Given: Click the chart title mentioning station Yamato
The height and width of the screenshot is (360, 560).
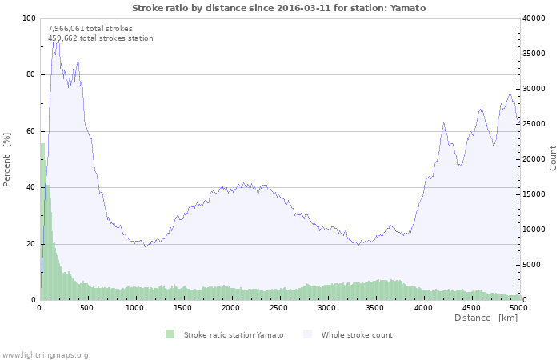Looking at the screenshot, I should tap(278, 8).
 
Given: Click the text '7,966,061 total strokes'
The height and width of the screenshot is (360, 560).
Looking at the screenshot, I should tap(90, 28).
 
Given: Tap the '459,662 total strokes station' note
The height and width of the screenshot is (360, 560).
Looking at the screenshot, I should tap(100, 38).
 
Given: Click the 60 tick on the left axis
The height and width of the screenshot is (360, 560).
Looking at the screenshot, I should tap(30, 131).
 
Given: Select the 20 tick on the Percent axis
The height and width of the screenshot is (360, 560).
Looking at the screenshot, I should tap(30, 244).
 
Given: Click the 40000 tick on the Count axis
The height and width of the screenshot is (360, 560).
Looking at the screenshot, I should tap(536, 18).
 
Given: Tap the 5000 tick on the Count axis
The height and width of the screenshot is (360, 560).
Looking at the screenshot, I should tap(534, 265).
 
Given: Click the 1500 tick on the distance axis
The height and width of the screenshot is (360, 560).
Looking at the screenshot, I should tap(182, 307).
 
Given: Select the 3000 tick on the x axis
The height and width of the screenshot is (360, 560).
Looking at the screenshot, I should tap(326, 307).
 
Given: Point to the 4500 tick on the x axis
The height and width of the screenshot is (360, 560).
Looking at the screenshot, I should tap(470, 307).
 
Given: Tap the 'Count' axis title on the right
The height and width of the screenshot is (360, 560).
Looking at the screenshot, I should tap(553, 158).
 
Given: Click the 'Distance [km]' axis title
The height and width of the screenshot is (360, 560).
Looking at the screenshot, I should tap(486, 318).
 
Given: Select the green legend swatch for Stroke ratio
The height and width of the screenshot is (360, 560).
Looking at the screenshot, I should tap(170, 334).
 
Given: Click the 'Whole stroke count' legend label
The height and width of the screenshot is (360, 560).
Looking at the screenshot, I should tap(357, 334).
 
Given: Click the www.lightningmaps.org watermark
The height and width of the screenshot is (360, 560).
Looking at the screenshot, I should tap(46, 354).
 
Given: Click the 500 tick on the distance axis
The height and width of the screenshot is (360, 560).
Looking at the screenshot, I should tap(86, 307).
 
